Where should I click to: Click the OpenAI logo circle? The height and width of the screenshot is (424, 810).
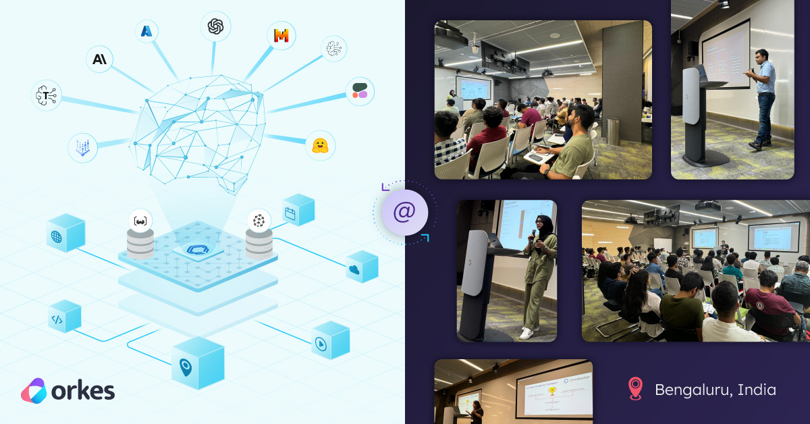(216, 26)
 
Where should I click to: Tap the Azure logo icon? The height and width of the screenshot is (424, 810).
(147, 30)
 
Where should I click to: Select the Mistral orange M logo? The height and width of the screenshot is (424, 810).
(281, 36)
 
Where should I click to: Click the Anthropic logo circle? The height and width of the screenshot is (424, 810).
(100, 59)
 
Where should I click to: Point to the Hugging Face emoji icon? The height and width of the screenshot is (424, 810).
(320, 145)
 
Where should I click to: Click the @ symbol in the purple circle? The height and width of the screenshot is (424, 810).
(404, 212)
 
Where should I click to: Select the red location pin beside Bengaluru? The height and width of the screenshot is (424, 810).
(635, 389)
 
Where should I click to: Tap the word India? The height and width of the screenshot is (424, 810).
(757, 390)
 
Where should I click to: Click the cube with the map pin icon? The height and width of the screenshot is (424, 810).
(198, 364)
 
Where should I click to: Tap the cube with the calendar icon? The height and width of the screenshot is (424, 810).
(298, 210)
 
